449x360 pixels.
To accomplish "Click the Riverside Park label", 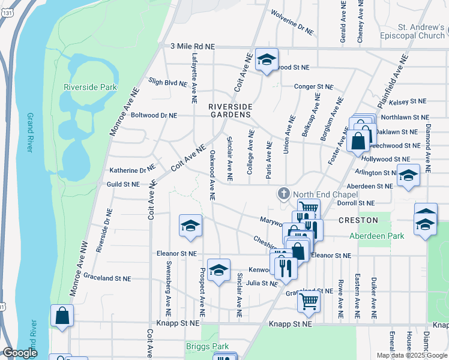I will coord(90,87).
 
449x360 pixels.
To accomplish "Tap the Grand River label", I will coord(29,132).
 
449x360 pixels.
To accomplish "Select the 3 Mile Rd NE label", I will coord(193,46).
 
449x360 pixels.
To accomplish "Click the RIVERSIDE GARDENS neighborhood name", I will coord(229,110).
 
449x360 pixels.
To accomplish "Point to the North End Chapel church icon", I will coord(283,194).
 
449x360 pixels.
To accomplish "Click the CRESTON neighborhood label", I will coord(358,220).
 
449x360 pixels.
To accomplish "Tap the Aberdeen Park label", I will coord(377,236).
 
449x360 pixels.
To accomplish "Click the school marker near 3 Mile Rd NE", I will coord(267,59).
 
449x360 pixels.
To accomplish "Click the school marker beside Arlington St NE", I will coord(408,176).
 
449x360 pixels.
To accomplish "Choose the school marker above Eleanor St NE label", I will coord(190,226).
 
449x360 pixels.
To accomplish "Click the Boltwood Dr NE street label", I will coord(154,115).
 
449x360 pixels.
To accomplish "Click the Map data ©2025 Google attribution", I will coord(411,355).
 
